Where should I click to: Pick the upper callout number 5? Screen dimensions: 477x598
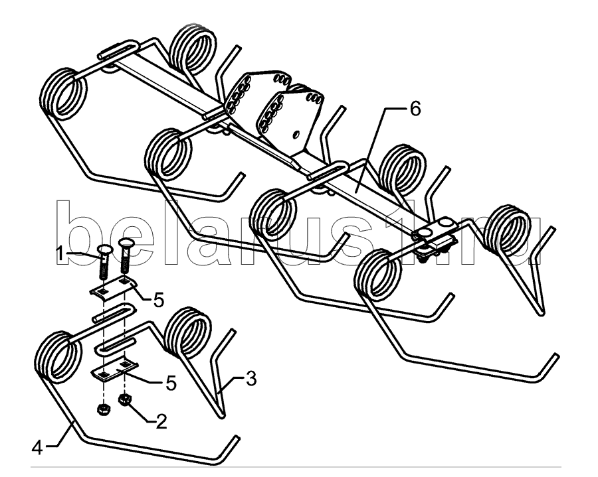159,300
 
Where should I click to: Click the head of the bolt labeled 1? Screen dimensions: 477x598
105,251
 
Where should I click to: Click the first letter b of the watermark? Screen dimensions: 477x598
78,232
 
